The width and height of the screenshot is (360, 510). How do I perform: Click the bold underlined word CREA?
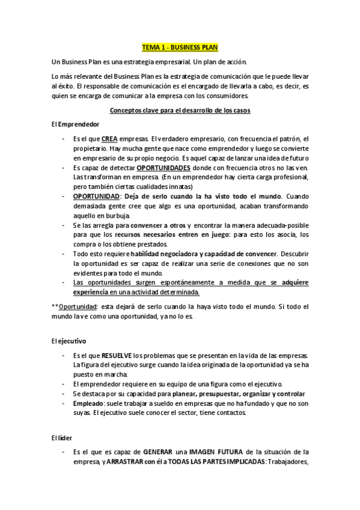pos(109,138)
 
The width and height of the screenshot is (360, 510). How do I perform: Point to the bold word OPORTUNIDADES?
pos(163,167)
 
